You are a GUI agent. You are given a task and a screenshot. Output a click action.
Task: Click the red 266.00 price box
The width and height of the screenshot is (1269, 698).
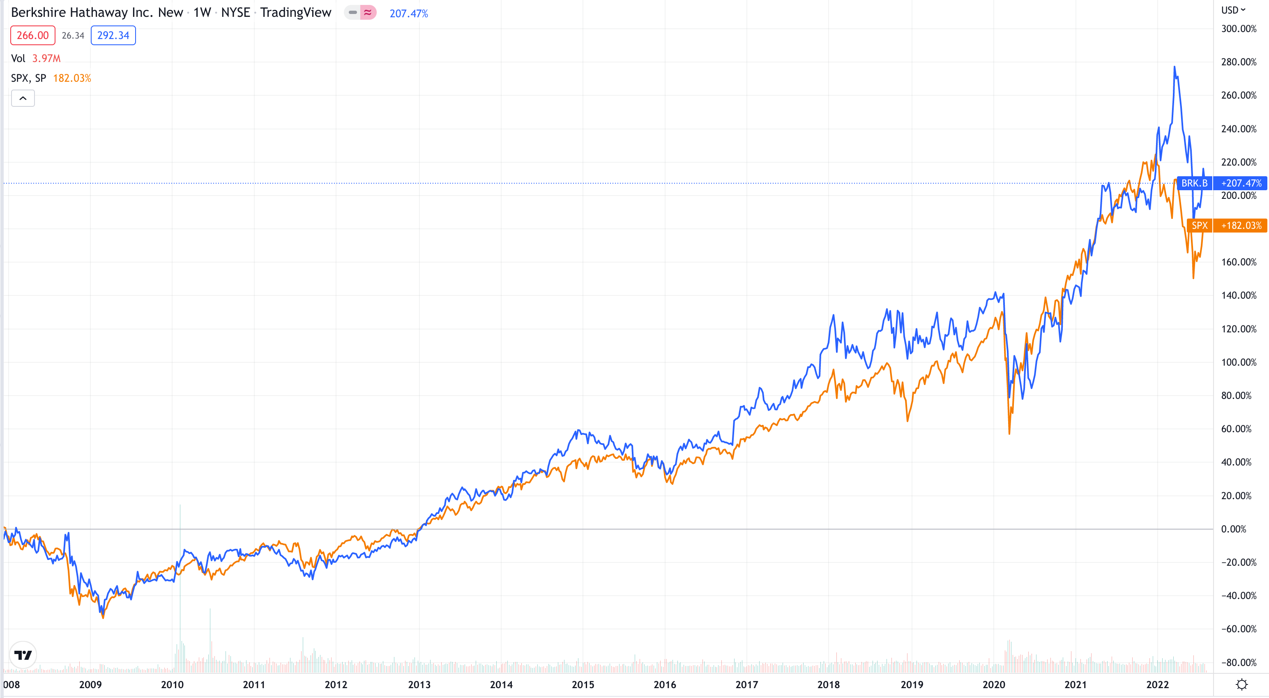point(32,35)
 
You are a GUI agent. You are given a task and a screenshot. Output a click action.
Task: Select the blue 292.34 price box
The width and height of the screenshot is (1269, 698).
point(113,35)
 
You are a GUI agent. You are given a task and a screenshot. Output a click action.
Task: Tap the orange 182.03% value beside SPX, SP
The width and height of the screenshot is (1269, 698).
point(72,78)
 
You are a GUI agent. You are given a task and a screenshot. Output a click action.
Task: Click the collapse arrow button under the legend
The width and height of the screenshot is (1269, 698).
point(23,99)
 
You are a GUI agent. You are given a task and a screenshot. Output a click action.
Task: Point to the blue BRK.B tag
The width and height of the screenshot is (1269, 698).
point(1194,183)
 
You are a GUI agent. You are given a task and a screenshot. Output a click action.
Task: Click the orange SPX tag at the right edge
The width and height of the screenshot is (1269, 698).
point(1200,226)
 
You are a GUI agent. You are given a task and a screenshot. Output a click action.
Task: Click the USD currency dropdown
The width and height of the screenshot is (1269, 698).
point(1233,10)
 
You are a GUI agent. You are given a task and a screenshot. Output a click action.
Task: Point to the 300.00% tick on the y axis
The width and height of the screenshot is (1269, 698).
point(1239,29)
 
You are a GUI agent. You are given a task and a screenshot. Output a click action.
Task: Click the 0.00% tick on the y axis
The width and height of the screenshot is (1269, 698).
point(1234,529)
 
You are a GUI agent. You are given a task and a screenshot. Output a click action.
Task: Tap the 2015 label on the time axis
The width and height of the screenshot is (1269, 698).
point(583,685)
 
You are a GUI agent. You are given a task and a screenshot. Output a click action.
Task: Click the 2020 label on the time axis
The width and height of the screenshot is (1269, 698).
point(994,685)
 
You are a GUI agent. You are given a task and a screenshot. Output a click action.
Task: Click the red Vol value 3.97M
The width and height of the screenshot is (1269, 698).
point(46,59)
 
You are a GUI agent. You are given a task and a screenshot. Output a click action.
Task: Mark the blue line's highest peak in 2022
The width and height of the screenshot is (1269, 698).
point(1175,67)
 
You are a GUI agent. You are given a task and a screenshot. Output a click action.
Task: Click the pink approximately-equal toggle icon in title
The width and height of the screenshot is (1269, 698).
point(368,12)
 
